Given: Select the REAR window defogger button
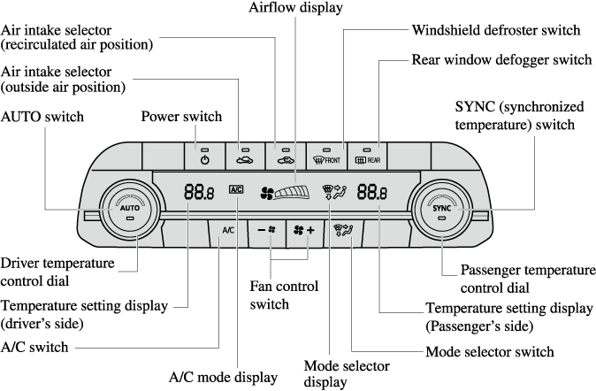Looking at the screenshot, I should pyautogui.click(x=369, y=157).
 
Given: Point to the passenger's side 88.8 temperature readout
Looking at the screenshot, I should pyautogui.click(x=372, y=190).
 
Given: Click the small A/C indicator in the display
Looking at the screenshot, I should pyautogui.click(x=235, y=189).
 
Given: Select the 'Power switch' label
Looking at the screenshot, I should pyautogui.click(x=181, y=116).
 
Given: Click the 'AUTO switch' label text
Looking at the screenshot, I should pyautogui.click(x=43, y=116).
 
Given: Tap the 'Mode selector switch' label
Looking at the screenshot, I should pyautogui.click(x=490, y=350).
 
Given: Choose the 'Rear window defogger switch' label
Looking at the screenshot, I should pyautogui.click(x=501, y=60).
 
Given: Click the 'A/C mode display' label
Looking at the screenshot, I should pyautogui.click(x=223, y=376).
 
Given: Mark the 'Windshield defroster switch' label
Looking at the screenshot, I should pyautogui.click(x=496, y=30).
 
